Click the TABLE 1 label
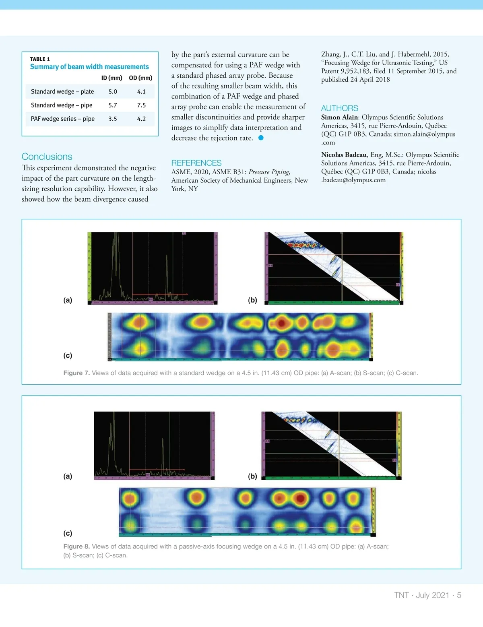point(40,59)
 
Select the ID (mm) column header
point(111,78)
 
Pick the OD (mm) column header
point(140,78)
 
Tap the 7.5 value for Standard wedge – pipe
point(141,105)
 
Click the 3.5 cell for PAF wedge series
point(113,119)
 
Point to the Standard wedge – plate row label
point(62,91)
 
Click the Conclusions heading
point(47,157)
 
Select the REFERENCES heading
point(196,163)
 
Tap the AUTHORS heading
point(339,108)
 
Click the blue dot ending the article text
point(261,138)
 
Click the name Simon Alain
point(339,117)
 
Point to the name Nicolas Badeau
point(344,155)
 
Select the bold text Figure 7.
point(76,373)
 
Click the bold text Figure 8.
point(76,547)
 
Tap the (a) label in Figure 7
point(68,300)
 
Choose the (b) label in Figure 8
point(252,476)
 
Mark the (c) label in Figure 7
point(68,355)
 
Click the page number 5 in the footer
point(459,595)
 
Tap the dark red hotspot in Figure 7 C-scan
point(282,323)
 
